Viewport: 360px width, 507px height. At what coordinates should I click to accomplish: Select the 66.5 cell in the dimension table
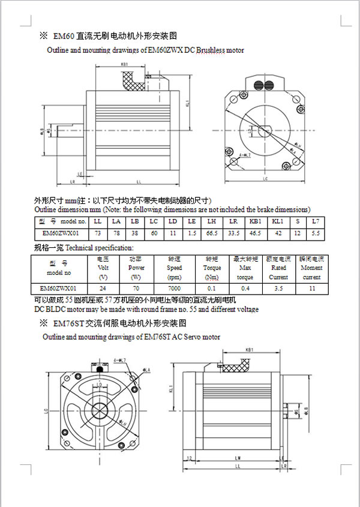[x=211, y=232]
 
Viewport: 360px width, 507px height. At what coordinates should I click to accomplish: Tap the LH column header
[x=211, y=222]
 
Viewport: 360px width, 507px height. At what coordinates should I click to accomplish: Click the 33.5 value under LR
[x=233, y=232]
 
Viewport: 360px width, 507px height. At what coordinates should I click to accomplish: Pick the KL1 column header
[x=278, y=222]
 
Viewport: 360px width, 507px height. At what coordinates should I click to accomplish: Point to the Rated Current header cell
[x=278, y=268]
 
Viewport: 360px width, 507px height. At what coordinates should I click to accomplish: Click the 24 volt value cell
[x=103, y=288]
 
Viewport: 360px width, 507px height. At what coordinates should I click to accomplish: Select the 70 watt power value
[x=136, y=288]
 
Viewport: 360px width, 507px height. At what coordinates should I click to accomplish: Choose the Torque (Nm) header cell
[x=211, y=268]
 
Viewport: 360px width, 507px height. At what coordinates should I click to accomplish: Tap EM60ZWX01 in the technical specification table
[x=58, y=288]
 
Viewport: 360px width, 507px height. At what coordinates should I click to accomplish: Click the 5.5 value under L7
[x=316, y=232]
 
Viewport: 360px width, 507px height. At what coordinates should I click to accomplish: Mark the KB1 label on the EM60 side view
[x=124, y=64]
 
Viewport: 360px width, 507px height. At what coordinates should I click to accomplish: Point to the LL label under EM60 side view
[x=139, y=181]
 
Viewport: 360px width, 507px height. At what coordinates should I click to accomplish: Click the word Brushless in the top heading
[x=209, y=50]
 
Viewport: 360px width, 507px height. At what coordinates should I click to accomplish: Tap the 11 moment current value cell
[x=311, y=288]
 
